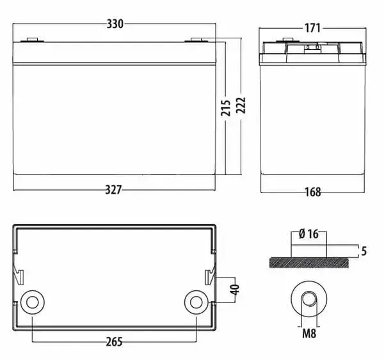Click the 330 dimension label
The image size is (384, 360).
click(115, 24)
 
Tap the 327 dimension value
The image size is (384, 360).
click(113, 190)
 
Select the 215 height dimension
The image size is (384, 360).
click(225, 107)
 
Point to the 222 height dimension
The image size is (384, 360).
click(241, 106)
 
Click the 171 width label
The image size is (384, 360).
click(312, 28)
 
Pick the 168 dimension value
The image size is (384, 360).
click(313, 192)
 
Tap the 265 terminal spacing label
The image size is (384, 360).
click(114, 342)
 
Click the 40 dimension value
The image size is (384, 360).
click(235, 290)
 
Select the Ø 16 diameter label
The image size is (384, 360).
click(308, 234)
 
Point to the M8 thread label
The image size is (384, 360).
click(309, 333)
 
